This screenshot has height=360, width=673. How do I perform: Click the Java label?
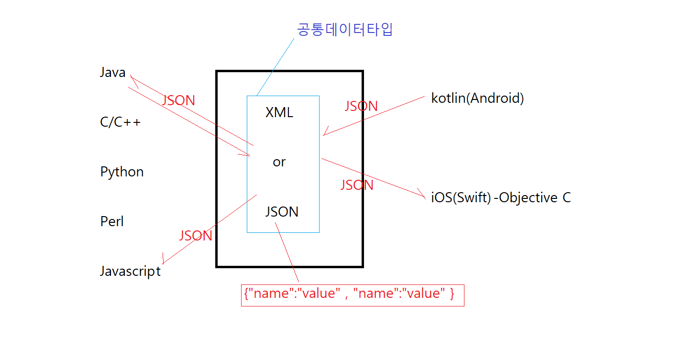[x=112, y=73]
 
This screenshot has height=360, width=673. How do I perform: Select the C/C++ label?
[x=121, y=122]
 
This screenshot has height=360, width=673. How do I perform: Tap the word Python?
[x=122, y=172]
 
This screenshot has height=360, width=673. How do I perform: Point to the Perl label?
[x=112, y=222]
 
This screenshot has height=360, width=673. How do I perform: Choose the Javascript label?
[x=130, y=272]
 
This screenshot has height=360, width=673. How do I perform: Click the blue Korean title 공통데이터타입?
[x=345, y=30]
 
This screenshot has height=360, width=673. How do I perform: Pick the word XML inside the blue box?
[x=279, y=113]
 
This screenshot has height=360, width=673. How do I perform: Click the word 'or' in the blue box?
[x=279, y=162]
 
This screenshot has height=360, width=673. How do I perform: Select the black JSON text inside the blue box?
[x=282, y=212]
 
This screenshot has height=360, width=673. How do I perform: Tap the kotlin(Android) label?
[x=477, y=98]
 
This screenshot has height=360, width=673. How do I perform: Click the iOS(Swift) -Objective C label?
[x=501, y=198]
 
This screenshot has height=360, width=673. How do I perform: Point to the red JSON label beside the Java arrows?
[x=178, y=101]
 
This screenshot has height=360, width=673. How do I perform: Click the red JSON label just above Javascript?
[x=196, y=236]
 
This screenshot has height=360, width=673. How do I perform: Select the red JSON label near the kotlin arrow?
[x=361, y=106]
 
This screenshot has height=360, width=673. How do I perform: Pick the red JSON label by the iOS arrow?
[x=357, y=185]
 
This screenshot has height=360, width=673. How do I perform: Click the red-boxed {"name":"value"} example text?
[x=349, y=294]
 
